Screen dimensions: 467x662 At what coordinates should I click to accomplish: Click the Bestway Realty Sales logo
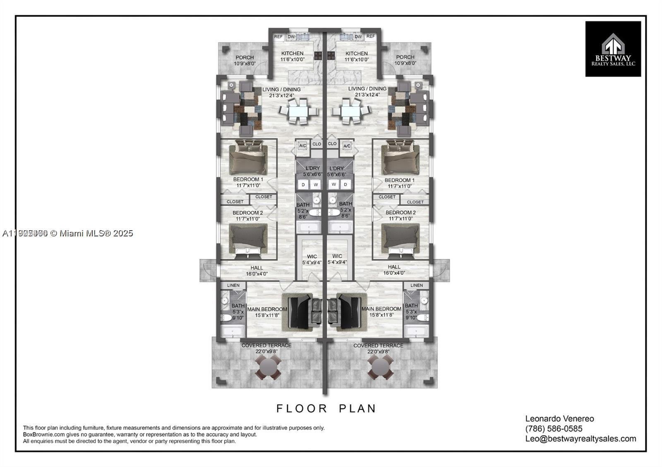[x=613, y=49]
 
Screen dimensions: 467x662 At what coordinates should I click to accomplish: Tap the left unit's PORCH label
[x=244, y=57]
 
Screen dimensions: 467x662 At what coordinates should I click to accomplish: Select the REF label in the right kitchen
[x=370, y=36]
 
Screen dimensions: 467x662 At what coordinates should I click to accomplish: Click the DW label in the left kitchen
[x=291, y=37]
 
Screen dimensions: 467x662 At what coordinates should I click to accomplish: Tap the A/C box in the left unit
[x=302, y=145]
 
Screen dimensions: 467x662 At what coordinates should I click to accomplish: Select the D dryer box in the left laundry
[x=303, y=185]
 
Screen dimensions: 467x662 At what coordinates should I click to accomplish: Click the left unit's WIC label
[x=312, y=256]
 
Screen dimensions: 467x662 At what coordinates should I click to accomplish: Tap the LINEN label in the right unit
[x=416, y=285]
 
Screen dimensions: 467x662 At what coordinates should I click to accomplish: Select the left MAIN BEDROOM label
[x=267, y=309]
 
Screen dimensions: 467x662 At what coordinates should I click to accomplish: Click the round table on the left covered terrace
[x=268, y=367]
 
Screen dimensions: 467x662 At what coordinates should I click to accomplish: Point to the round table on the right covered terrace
[x=380, y=367]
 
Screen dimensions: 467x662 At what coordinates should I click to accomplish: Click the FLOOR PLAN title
[x=326, y=408]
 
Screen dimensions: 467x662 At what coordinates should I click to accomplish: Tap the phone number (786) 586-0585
[x=554, y=429]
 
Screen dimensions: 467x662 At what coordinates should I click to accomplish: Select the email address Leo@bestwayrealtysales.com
[x=580, y=438]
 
